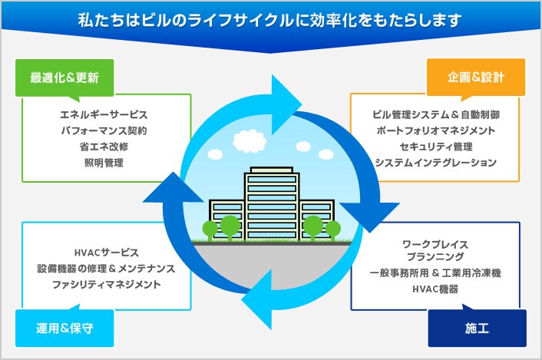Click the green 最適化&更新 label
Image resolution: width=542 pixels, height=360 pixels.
coord(64,78)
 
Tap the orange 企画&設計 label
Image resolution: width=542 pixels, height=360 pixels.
coord(477,78)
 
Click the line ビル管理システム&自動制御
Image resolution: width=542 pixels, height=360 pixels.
coord(435,114)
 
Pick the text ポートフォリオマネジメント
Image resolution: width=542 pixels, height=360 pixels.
coord(435,130)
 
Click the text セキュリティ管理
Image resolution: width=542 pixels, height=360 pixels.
coord(435,147)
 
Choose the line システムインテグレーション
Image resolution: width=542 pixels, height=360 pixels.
coord(435,163)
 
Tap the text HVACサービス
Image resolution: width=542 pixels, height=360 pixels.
coord(106,253)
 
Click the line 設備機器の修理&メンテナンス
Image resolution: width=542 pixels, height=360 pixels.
coord(106,269)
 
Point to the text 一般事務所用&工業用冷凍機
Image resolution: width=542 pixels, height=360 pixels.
coord(435,273)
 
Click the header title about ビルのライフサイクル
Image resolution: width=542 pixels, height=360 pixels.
coord(271,18)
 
